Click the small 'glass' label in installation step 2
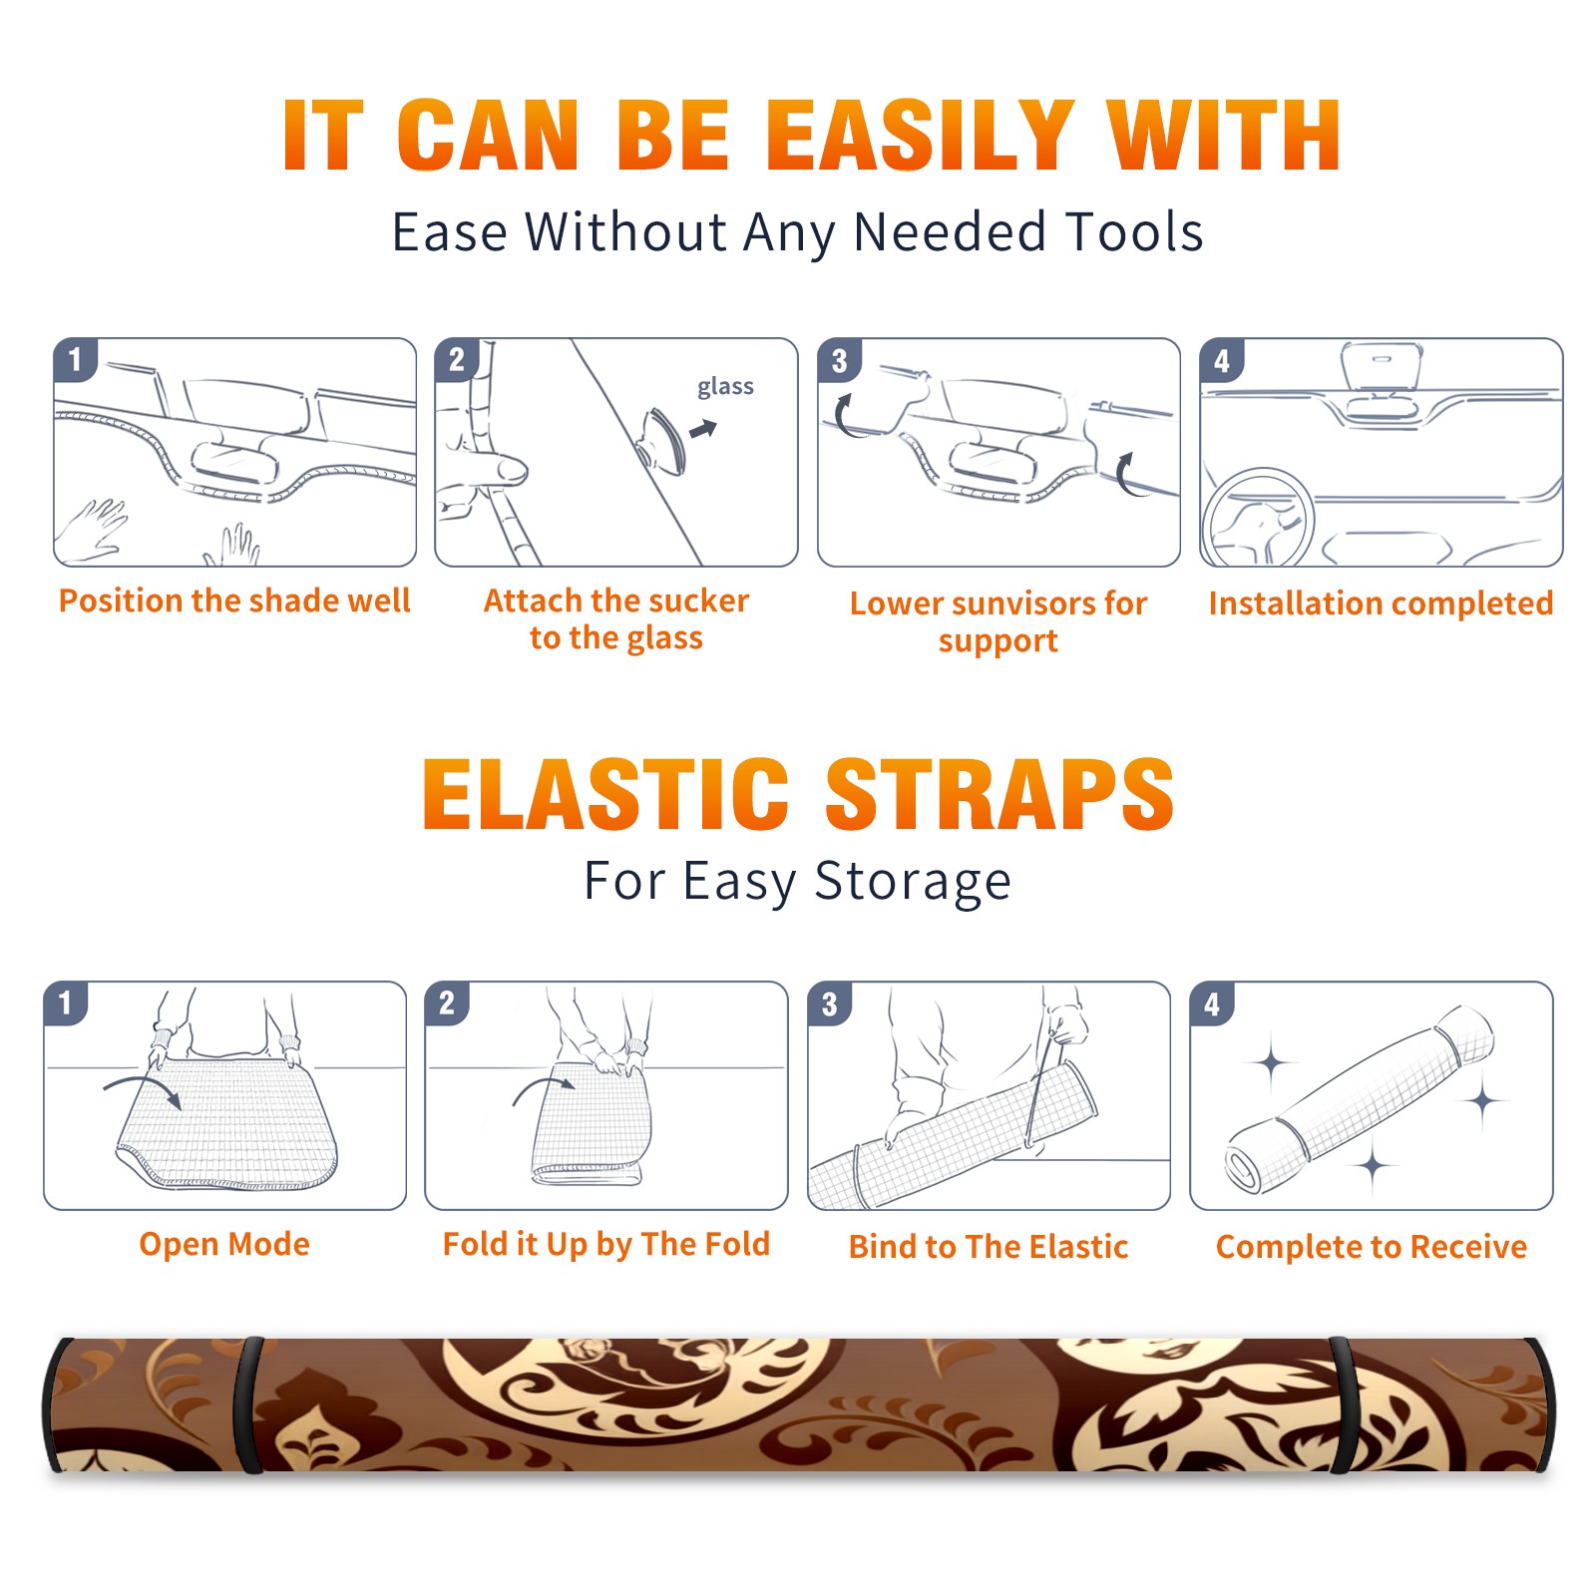coord(725,387)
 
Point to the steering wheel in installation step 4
coord(1258,518)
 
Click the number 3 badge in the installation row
coord(839,360)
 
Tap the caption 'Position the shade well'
coord(234,600)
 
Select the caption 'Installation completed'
coord(1381,603)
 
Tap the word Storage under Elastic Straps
coord(913,883)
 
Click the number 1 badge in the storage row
coord(66,1003)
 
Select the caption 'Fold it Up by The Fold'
coord(606,1244)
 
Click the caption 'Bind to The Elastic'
coord(989,1247)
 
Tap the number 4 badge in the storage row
coord(1212,1003)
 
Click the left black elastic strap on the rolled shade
coord(247,1405)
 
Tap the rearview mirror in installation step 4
coord(1383,366)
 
